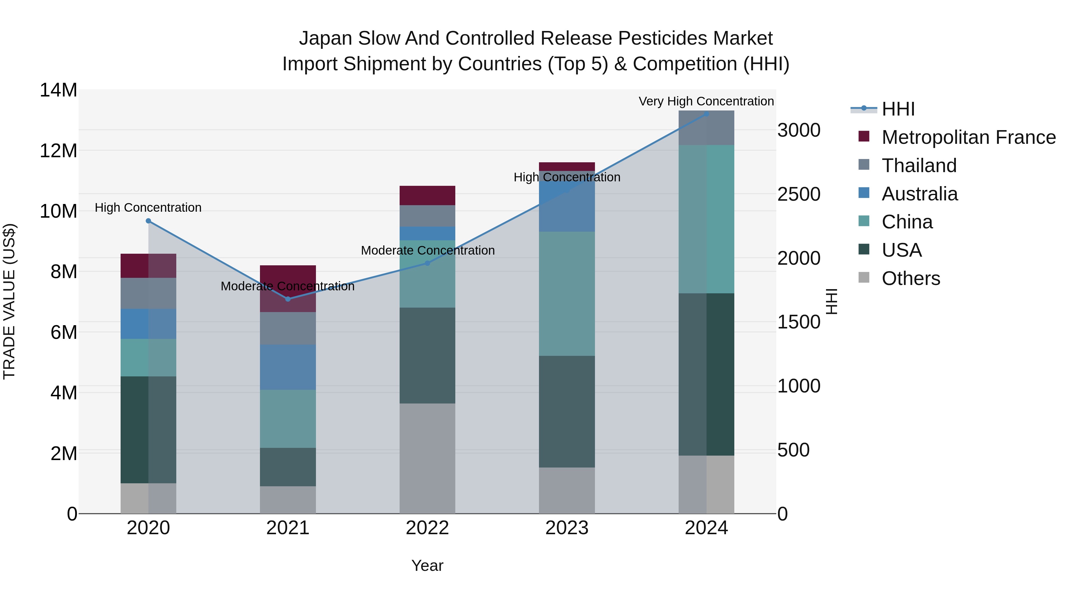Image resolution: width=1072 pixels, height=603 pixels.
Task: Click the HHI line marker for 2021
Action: click(x=288, y=299)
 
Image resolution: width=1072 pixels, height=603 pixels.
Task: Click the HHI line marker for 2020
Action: click(x=148, y=221)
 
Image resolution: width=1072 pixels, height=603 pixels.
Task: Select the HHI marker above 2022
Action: click(x=427, y=263)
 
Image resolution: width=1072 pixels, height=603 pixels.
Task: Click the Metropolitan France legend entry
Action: click(x=968, y=137)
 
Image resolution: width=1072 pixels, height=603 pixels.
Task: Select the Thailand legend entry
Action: click(x=919, y=166)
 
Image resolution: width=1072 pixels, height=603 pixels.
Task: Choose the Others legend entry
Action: click(x=911, y=278)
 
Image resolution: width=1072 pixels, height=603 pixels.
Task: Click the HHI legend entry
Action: click(x=898, y=109)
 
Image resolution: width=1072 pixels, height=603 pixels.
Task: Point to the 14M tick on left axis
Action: click(x=58, y=90)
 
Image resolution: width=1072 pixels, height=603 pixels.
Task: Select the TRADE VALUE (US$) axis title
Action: click(x=10, y=301)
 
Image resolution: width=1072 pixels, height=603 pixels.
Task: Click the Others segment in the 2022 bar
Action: click(x=427, y=458)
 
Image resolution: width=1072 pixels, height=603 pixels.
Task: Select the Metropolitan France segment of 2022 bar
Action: click(x=427, y=195)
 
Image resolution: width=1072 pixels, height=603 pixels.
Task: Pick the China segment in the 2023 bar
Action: click(x=566, y=293)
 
